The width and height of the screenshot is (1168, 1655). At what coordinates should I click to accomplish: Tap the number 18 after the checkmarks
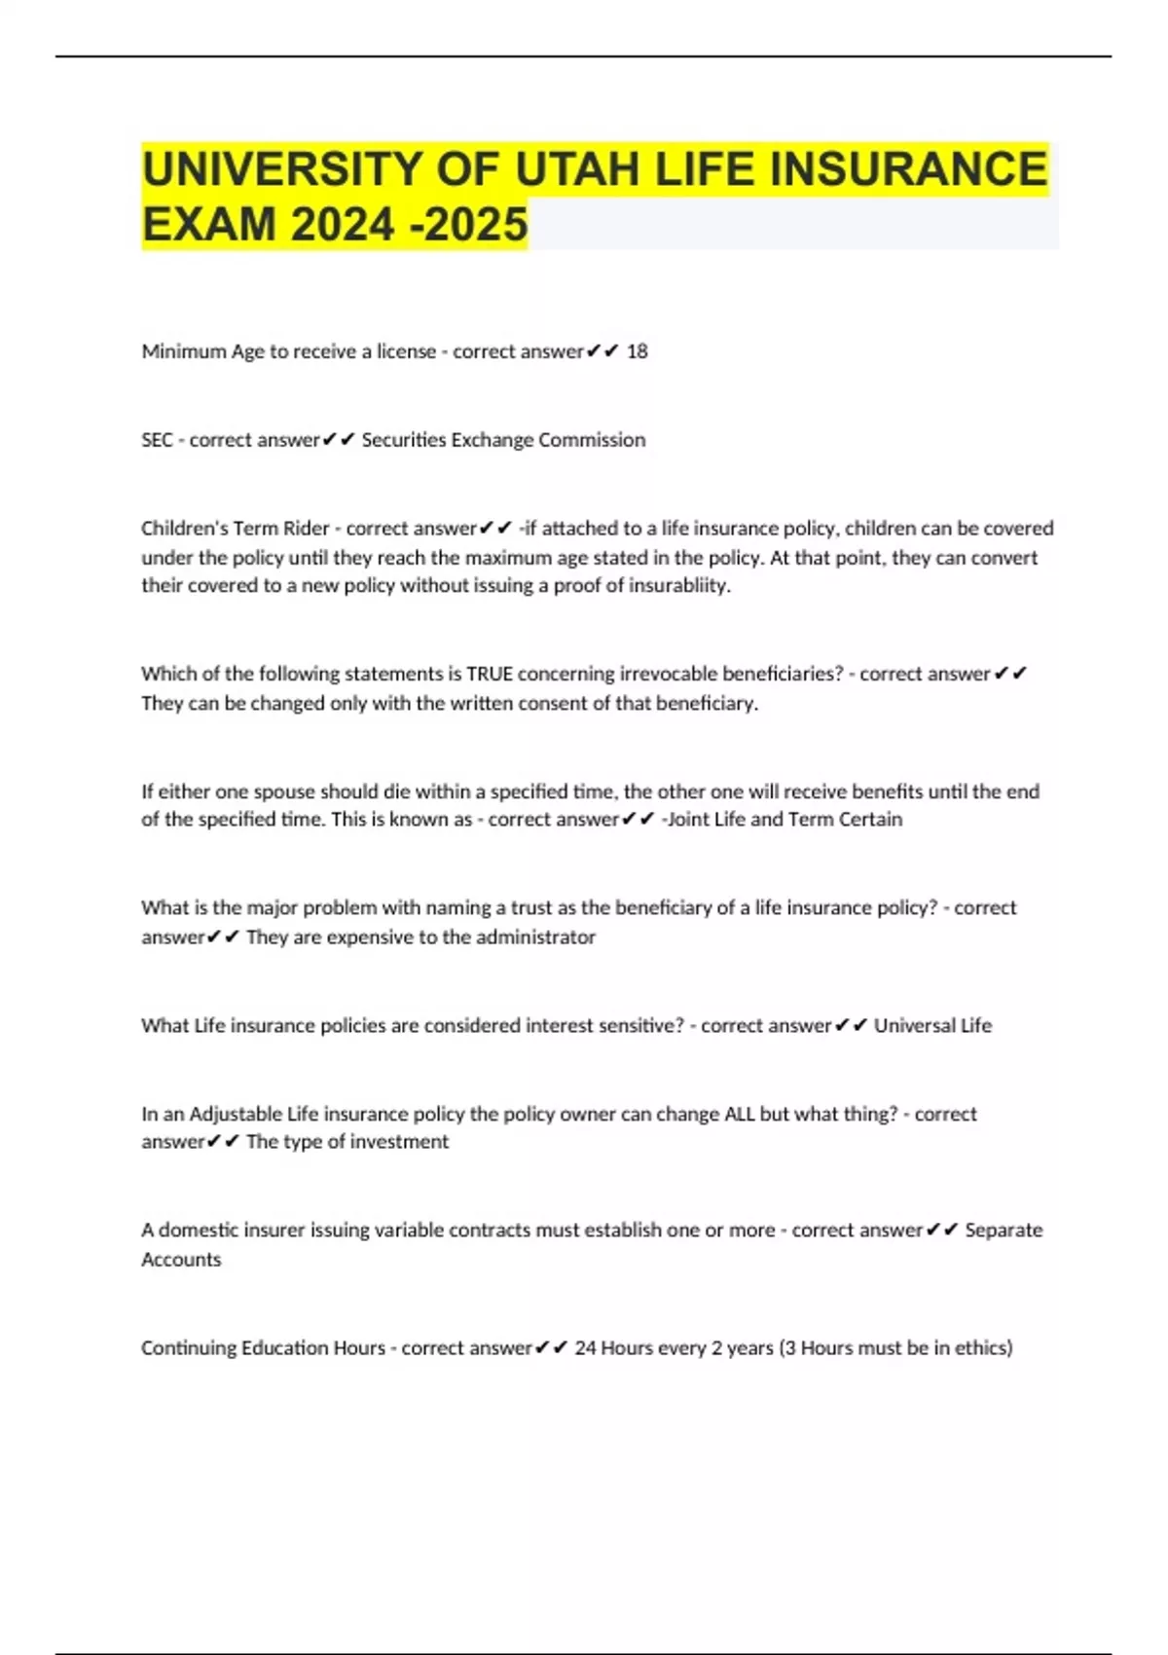(x=637, y=351)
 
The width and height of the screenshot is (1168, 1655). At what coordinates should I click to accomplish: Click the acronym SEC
(x=157, y=440)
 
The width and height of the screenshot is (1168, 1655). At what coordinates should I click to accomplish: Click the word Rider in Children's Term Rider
(x=306, y=529)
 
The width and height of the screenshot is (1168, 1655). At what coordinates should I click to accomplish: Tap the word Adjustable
(x=235, y=1114)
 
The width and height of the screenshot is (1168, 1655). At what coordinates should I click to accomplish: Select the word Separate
(x=1004, y=1231)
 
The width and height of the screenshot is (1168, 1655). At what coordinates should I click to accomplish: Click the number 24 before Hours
(x=585, y=1348)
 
